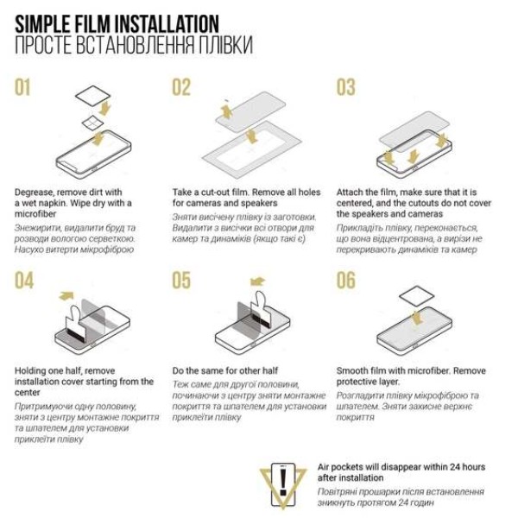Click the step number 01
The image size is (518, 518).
[22, 87]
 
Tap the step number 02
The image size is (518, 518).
[181, 87]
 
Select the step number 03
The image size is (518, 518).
[346, 87]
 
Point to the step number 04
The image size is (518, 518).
[24, 281]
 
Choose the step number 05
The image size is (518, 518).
[181, 281]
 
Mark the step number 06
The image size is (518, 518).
[346, 281]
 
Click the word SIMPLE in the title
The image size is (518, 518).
[42, 24]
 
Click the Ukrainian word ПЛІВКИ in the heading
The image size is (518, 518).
[225, 45]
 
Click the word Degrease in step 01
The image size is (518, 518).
[34, 193]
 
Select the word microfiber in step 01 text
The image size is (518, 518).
[35, 214]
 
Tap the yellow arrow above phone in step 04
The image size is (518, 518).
[66, 295]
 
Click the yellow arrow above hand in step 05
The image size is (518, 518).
[257, 281]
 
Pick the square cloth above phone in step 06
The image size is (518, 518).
[417, 297]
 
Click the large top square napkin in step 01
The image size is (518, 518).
[93, 96]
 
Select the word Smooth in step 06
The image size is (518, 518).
[353, 370]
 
